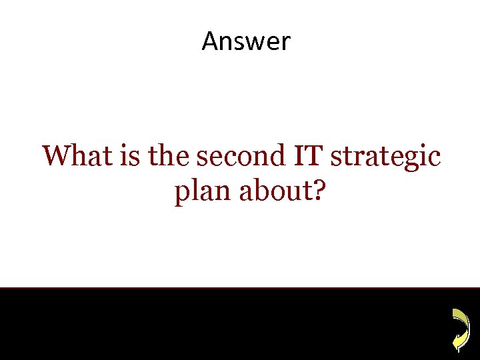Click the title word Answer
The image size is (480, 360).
click(246, 41)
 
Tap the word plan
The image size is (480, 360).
click(198, 193)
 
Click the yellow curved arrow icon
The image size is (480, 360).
click(459, 329)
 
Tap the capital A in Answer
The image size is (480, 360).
click(210, 41)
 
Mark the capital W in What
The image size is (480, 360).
click(55, 157)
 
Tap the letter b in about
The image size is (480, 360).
click(253, 191)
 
